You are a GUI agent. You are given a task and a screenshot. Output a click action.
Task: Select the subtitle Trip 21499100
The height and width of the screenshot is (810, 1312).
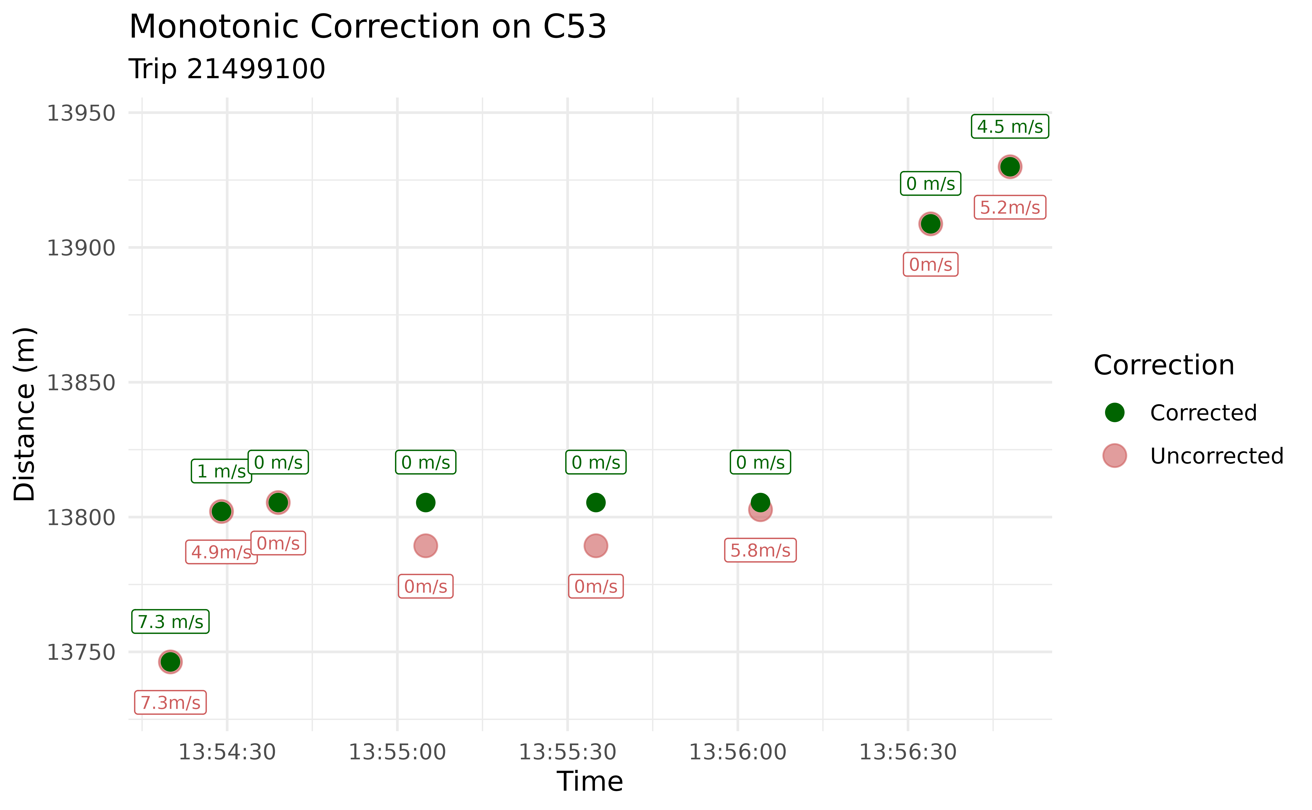[227, 69]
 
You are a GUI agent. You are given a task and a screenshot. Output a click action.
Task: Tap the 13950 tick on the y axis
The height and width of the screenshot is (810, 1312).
[81, 114]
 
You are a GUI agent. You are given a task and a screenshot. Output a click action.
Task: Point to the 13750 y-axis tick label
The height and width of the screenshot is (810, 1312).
[81, 653]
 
